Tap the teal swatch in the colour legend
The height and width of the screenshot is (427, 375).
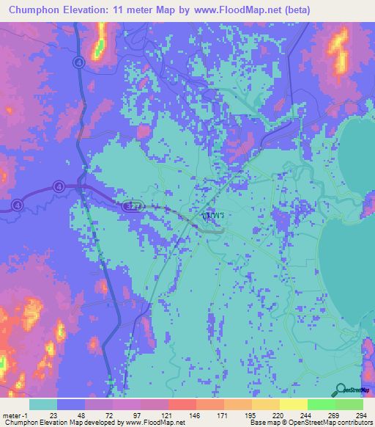click(x=43, y=404)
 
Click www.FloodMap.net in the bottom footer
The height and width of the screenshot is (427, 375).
click(x=156, y=423)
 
